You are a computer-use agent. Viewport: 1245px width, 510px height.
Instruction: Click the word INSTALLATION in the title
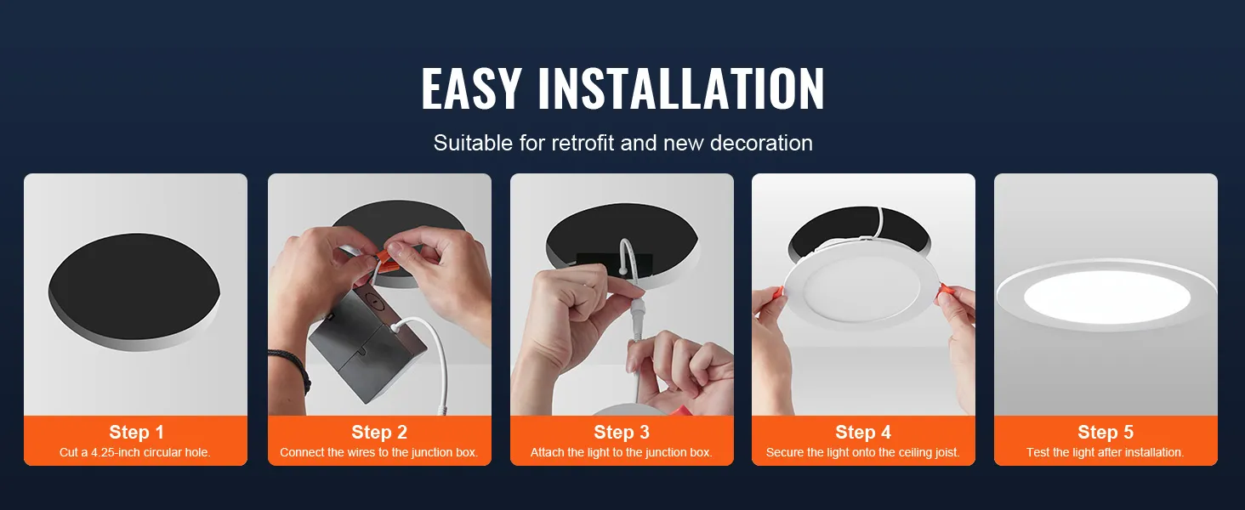[x=680, y=88]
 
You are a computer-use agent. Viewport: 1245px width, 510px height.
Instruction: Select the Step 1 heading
[x=136, y=433]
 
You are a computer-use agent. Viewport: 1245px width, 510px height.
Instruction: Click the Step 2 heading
[x=379, y=433]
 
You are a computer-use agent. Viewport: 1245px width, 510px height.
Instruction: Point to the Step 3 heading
[x=622, y=433]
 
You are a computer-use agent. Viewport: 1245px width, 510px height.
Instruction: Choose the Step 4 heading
[x=863, y=433]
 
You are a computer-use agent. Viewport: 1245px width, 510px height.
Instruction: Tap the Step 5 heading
[x=1106, y=433]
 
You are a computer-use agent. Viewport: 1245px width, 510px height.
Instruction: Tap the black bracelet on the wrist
[x=293, y=366]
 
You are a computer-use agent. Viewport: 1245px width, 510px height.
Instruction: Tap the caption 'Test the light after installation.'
[x=1106, y=453]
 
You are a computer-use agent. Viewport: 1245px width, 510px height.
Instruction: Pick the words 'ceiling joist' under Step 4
[x=925, y=453]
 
